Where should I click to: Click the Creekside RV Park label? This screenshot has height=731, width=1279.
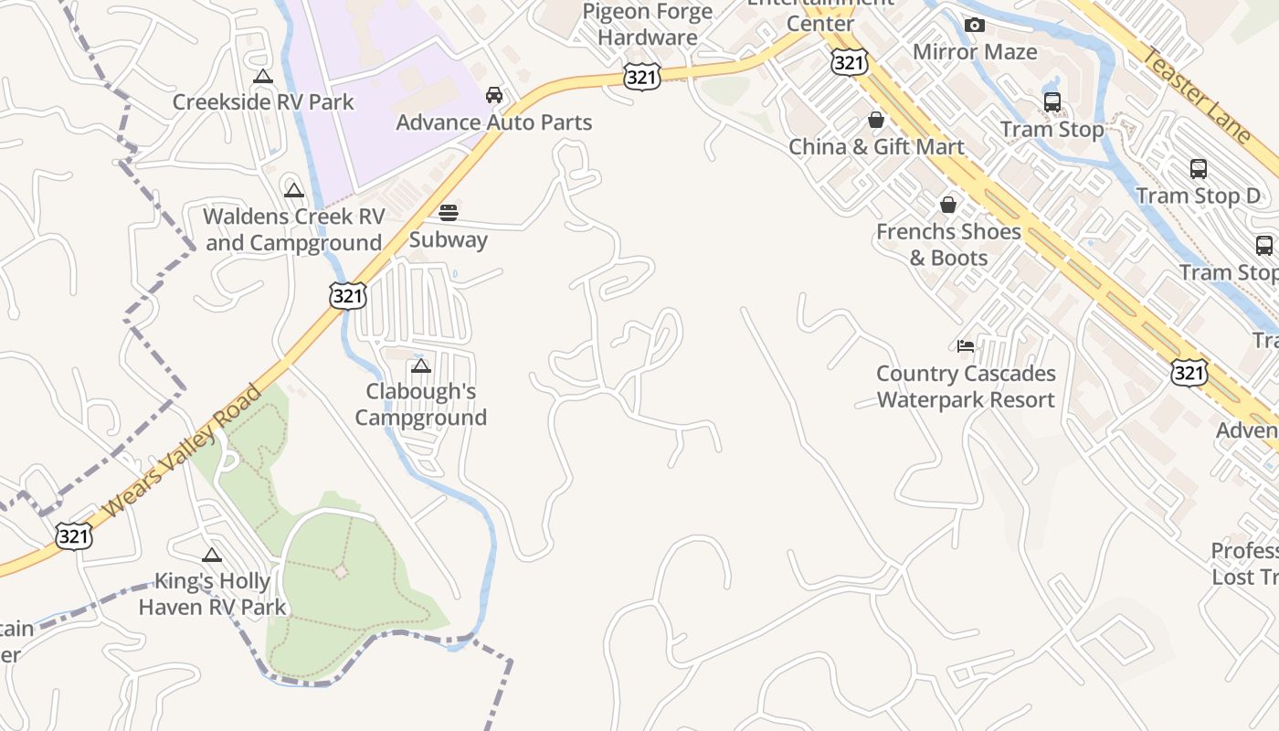point(263,101)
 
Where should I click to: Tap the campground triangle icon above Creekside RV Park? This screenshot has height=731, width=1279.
point(263,77)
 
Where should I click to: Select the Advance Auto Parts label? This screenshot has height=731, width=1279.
point(493,122)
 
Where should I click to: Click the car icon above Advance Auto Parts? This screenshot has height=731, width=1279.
point(493,95)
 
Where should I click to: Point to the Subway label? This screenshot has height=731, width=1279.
point(448,239)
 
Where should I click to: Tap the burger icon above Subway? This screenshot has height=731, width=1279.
point(448,213)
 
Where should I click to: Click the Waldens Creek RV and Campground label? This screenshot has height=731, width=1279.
point(293,229)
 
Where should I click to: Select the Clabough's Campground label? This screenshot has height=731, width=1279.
point(420,404)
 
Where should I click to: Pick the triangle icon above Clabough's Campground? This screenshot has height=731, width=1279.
point(420,366)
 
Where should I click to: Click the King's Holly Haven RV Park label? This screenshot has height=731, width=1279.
point(212,593)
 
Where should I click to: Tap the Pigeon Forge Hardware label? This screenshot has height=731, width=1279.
point(648,25)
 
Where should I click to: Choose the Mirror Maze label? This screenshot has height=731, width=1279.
point(975,51)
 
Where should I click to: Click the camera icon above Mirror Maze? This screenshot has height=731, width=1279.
point(975,25)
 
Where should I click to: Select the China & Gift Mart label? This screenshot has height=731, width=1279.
point(875,146)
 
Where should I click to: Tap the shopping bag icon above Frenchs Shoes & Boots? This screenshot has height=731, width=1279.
point(948,205)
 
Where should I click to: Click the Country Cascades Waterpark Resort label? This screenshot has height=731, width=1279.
point(966,387)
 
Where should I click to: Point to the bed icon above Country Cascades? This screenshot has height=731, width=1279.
point(966,345)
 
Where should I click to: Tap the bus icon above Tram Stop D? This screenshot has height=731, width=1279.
point(1198,169)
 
